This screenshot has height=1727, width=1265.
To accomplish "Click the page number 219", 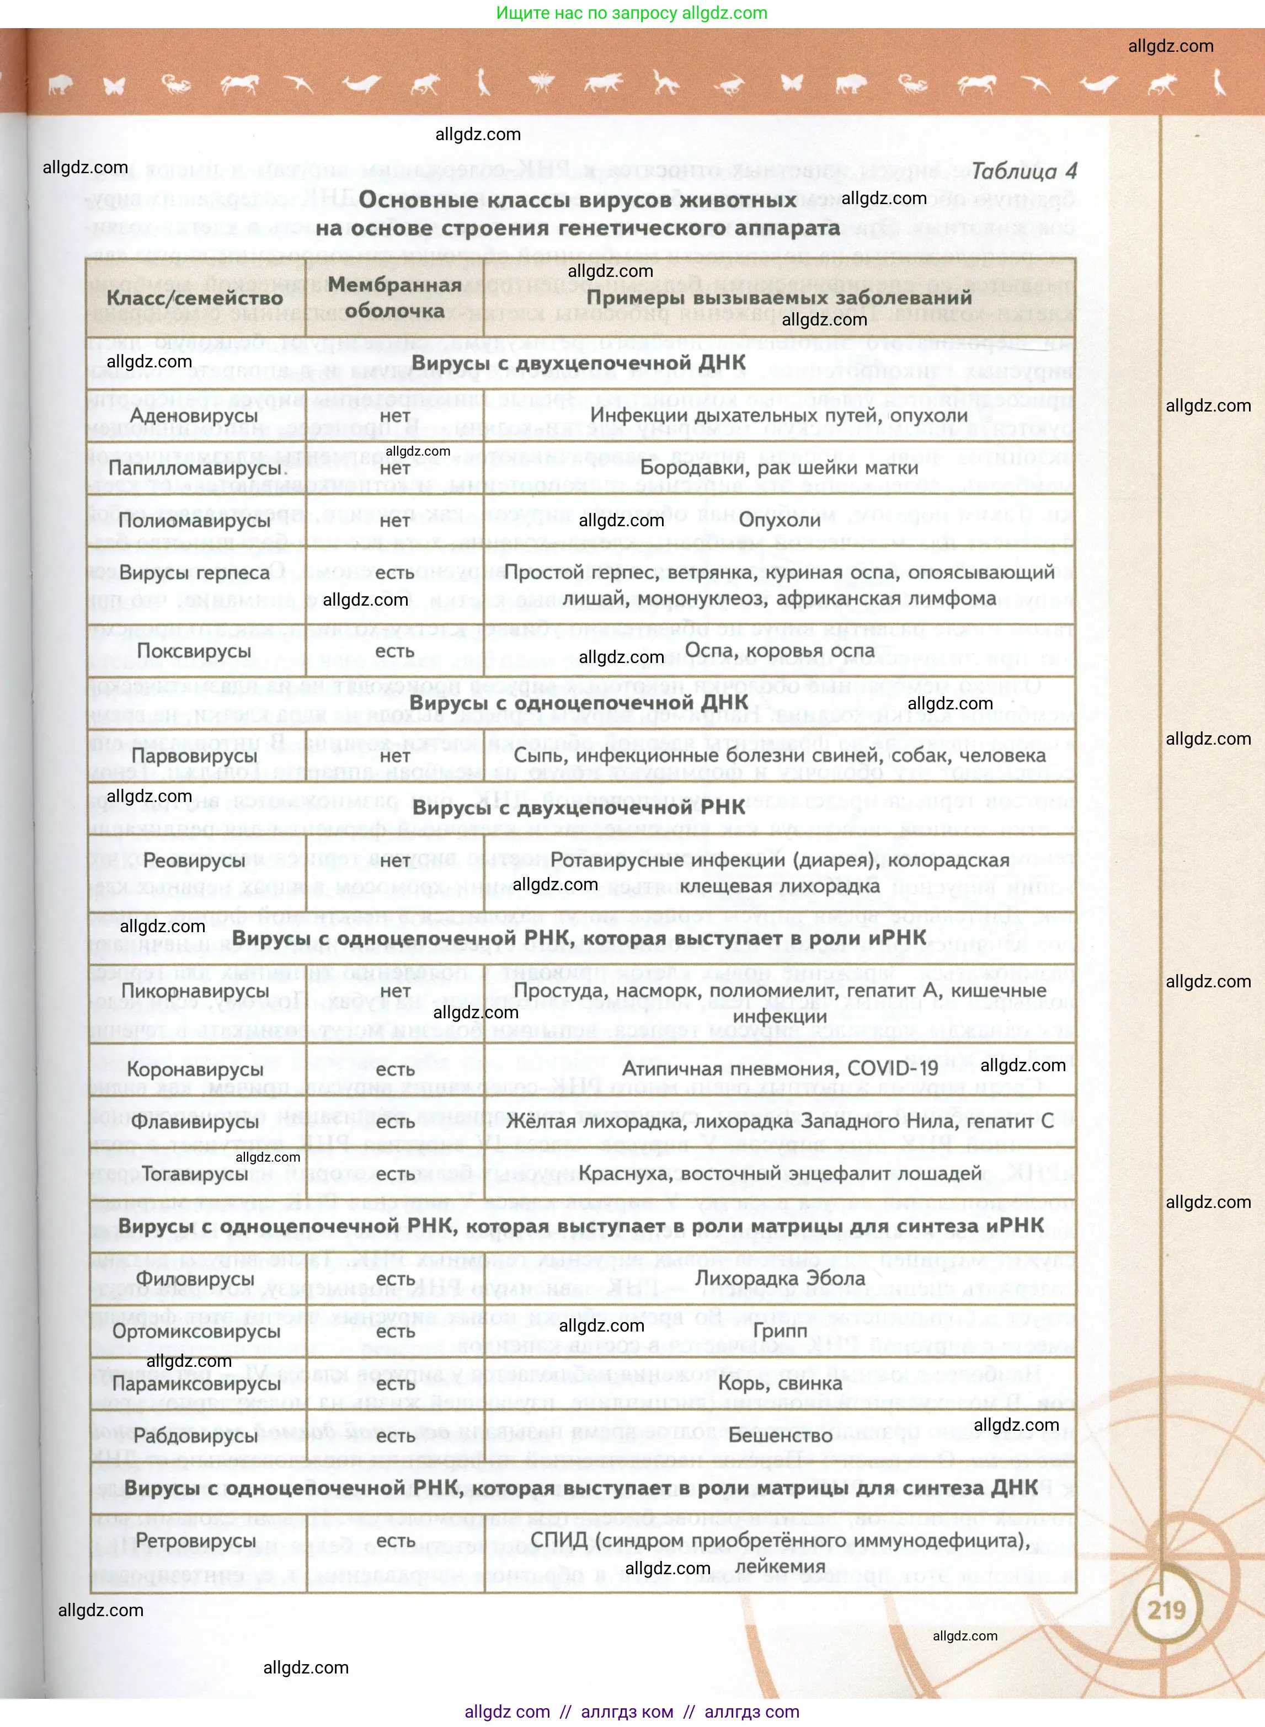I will tap(1166, 1610).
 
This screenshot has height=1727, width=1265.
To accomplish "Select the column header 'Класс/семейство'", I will tap(195, 298).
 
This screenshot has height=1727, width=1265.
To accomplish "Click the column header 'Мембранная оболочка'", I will tap(394, 298).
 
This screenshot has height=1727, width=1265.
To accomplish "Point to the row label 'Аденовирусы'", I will tap(195, 416).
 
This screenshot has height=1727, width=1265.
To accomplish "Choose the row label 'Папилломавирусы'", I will tap(198, 468).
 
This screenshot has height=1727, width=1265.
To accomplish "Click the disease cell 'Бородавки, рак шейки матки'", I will tap(779, 468).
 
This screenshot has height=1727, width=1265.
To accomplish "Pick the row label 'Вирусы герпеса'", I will tap(195, 573).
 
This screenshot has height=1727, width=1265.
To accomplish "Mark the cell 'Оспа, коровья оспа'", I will tap(779, 651).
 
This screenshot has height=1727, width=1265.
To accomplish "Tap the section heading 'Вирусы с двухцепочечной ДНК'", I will tap(578, 363).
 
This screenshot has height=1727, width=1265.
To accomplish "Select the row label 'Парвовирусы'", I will tap(195, 756).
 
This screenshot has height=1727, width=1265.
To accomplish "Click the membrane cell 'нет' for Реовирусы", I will tap(395, 860).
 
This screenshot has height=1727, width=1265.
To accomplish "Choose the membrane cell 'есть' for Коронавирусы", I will tap(395, 1070).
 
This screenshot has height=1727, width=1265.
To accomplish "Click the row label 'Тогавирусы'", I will tap(195, 1174).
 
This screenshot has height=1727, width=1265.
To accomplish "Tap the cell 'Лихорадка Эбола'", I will tap(780, 1279).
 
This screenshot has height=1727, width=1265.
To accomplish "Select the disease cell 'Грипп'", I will tap(780, 1330).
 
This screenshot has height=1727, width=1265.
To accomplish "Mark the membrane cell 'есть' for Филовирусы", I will tap(395, 1279).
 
